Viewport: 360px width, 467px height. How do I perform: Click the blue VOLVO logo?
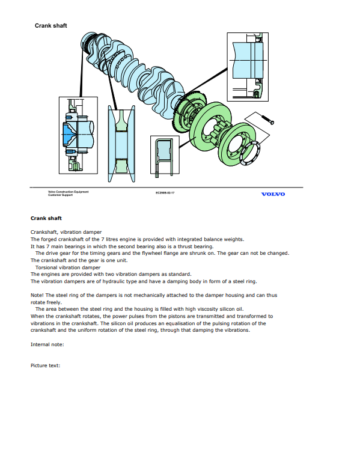(x=273, y=194)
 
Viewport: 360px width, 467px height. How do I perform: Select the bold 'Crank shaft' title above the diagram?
(x=51, y=26)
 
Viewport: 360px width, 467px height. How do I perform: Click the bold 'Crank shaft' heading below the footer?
(x=46, y=218)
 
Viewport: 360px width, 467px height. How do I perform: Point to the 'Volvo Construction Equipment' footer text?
(x=68, y=192)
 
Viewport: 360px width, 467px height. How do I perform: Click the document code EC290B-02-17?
(x=165, y=193)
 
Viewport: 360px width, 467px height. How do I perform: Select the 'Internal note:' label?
(x=47, y=344)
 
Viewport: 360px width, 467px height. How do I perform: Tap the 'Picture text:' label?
(x=45, y=365)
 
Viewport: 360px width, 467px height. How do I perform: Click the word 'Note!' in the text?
(x=37, y=295)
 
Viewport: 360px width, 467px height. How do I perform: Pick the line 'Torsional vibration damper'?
(x=68, y=267)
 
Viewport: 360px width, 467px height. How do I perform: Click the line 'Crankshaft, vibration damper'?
(x=66, y=232)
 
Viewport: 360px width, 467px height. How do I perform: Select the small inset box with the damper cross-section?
(x=165, y=155)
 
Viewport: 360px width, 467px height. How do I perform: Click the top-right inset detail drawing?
(x=248, y=67)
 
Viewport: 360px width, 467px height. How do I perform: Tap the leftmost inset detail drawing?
(x=78, y=135)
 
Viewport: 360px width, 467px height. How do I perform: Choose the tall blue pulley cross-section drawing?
(x=121, y=143)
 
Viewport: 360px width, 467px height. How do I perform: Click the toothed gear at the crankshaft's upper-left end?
(x=88, y=44)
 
